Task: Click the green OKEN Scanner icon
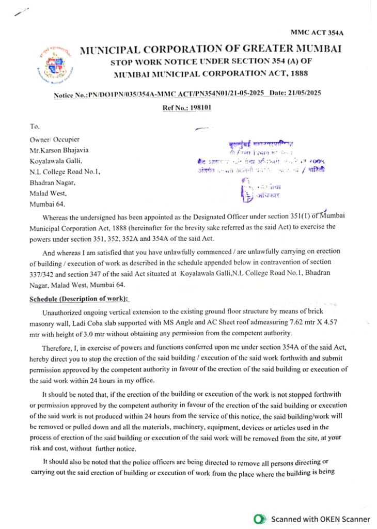[260, 519]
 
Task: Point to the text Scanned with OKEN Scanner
[320, 519]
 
